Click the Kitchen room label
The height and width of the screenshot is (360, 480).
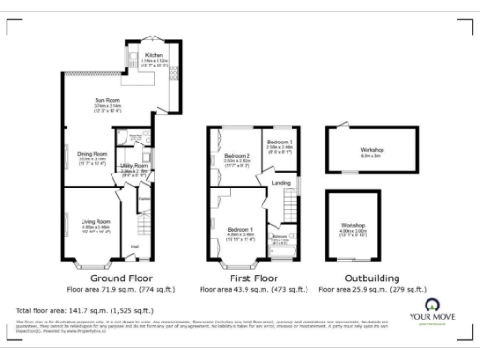154,55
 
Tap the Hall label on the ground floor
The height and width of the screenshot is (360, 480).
135,247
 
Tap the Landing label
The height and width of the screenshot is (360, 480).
280,182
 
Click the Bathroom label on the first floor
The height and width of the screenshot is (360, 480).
278,237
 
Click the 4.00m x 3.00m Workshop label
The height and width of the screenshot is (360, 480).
353,226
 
